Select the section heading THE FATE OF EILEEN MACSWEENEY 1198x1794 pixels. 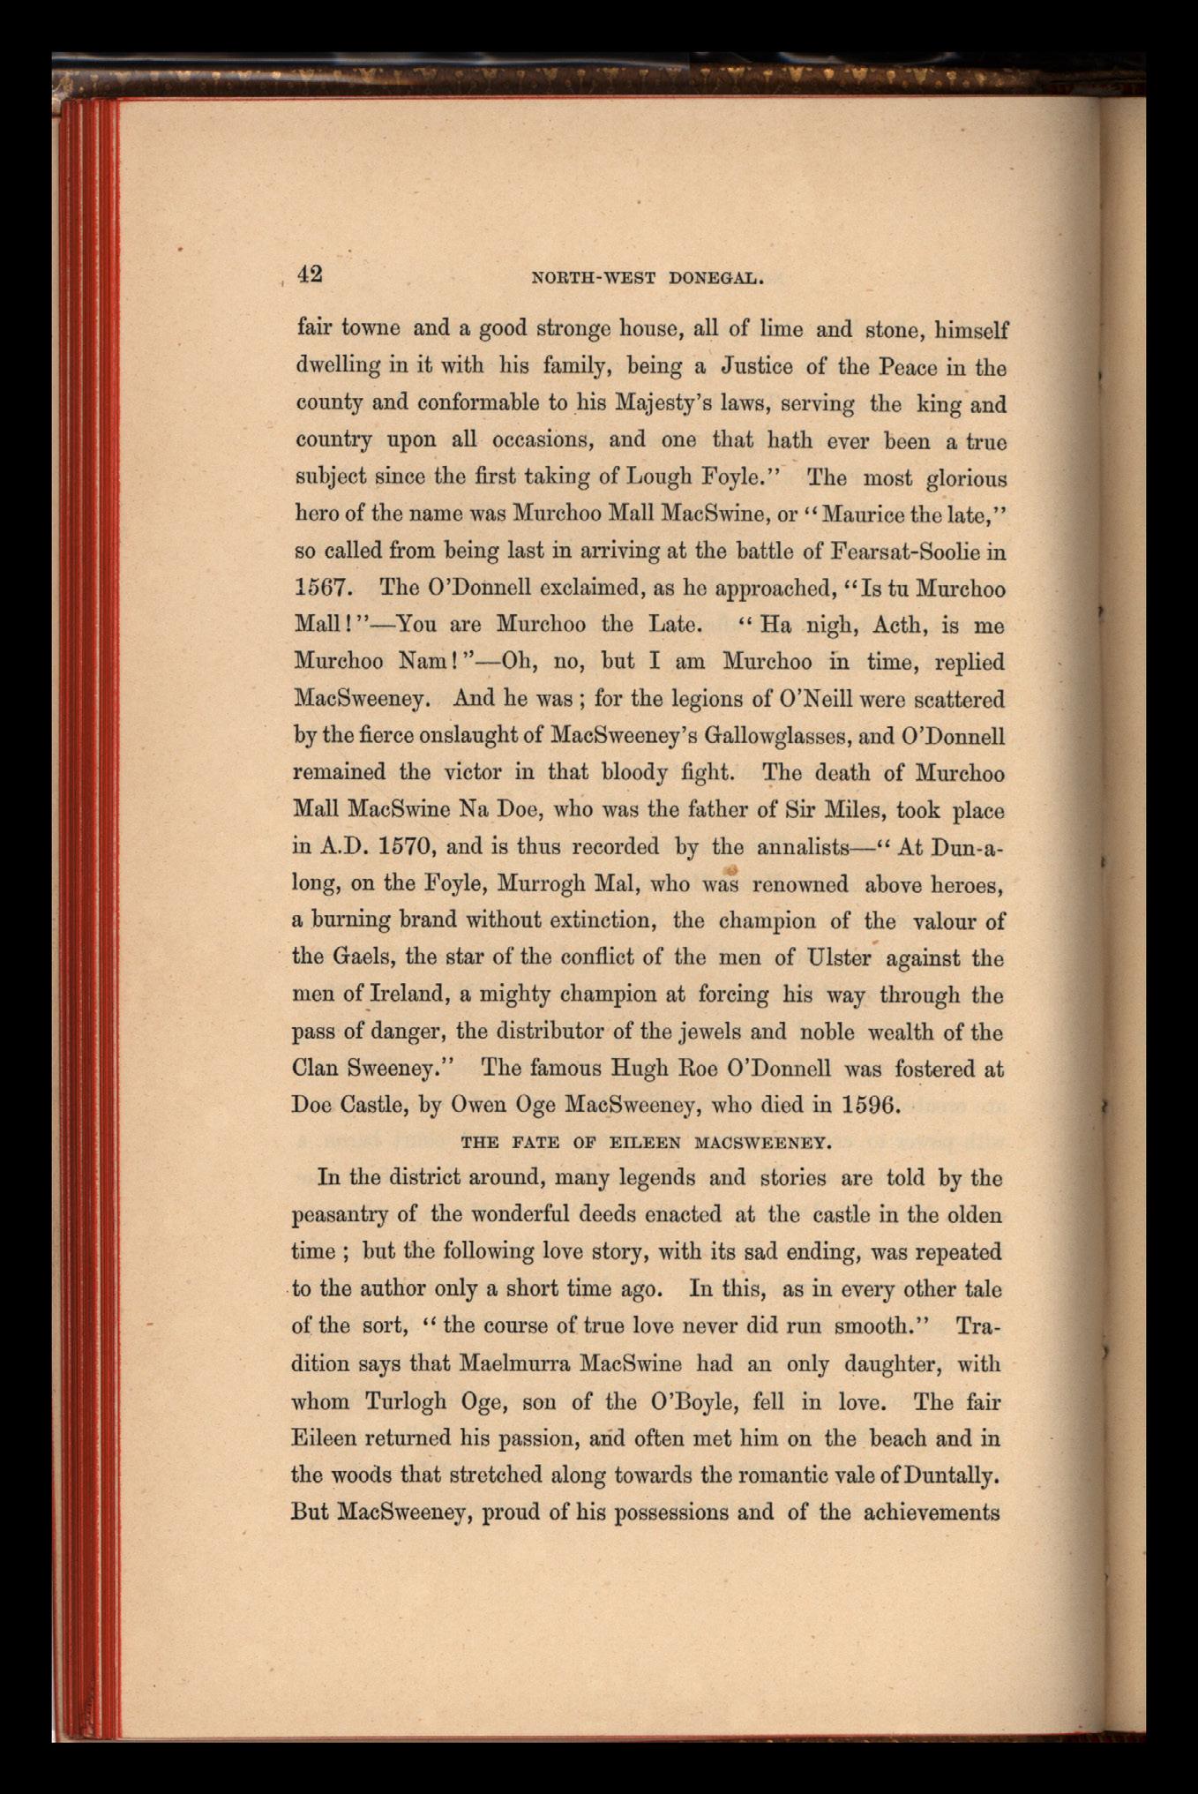point(647,1143)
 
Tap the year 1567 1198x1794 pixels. point(324,589)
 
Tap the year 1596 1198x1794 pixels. point(869,1105)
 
